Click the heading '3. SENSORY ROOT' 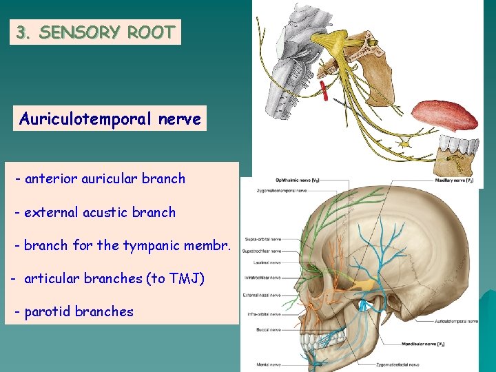click(95, 32)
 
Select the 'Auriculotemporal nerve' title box click(110, 119)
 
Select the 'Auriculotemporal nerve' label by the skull click(456, 321)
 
